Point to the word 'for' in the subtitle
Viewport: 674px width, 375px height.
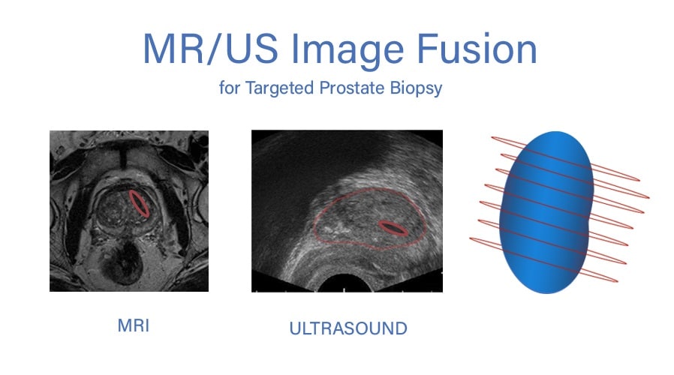click(228, 88)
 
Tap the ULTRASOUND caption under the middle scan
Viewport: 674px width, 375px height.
click(348, 328)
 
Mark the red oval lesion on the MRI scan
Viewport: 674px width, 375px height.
click(140, 203)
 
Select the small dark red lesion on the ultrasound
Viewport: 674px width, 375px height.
click(393, 228)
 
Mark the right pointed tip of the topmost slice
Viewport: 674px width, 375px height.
click(639, 179)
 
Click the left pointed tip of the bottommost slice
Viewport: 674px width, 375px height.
click(471, 239)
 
